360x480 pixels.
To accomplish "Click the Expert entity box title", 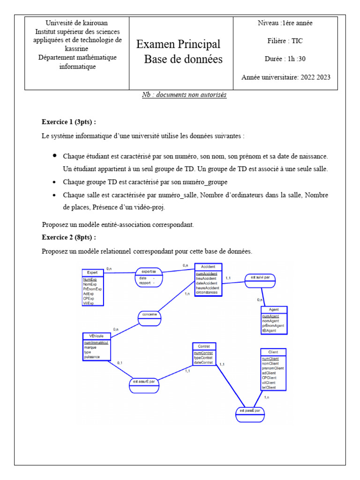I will [x=92, y=272].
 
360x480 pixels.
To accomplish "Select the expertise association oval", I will [x=149, y=271].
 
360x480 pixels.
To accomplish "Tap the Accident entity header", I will [x=208, y=266].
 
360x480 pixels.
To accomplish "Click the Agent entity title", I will [x=274, y=310].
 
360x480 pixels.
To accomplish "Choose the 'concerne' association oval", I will [x=150, y=314].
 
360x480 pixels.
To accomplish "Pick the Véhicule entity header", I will [x=97, y=336].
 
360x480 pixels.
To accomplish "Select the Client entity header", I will [x=273, y=352].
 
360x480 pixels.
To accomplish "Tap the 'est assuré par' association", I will [x=144, y=382].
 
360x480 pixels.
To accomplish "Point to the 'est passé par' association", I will [x=250, y=411].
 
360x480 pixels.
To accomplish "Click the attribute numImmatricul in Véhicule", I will [x=96, y=343].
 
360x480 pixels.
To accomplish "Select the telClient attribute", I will [x=269, y=387].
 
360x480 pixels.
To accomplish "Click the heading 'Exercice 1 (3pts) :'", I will [x=69, y=122].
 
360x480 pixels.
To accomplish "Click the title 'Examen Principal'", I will [x=178, y=45].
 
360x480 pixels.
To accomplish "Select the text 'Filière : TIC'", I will [x=285, y=41].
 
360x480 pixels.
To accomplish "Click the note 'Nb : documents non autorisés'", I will [x=184, y=95].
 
